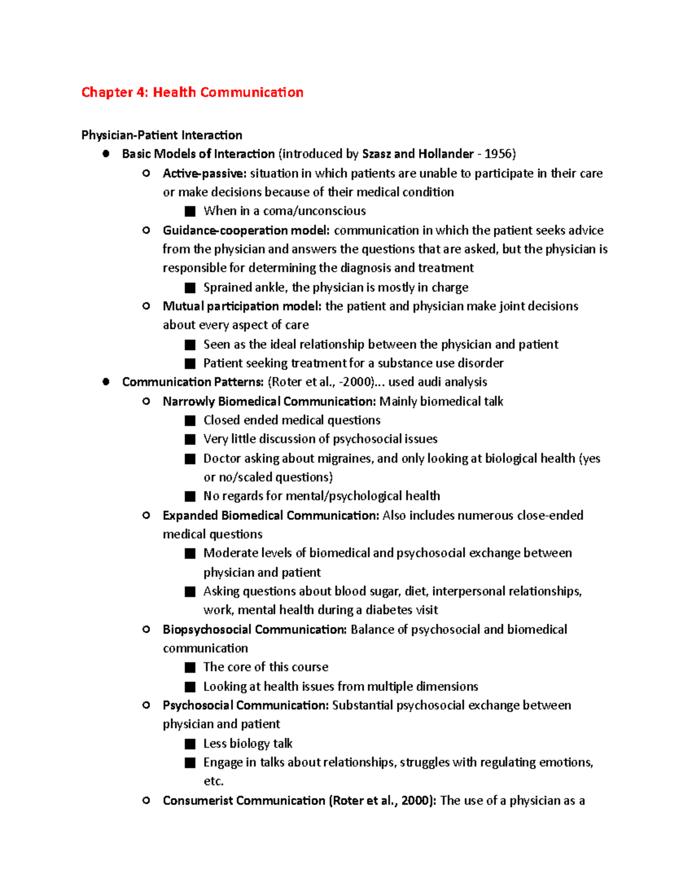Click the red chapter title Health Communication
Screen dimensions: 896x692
click(x=192, y=92)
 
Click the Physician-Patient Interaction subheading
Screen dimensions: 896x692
click(x=161, y=135)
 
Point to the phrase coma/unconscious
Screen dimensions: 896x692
click(x=314, y=211)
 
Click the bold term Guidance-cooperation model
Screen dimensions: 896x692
click(x=246, y=230)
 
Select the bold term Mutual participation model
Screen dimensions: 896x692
click(x=242, y=306)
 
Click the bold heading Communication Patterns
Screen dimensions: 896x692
click(x=193, y=382)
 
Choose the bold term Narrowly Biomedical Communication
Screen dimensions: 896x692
click(x=269, y=401)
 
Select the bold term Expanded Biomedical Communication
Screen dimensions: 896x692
click(x=270, y=515)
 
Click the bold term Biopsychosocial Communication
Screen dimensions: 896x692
click(x=254, y=629)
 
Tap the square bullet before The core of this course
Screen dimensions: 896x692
click(x=190, y=668)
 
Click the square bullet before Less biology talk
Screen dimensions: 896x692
click(x=190, y=744)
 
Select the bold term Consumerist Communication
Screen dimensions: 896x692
click(x=244, y=800)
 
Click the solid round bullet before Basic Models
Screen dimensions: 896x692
click(x=106, y=154)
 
